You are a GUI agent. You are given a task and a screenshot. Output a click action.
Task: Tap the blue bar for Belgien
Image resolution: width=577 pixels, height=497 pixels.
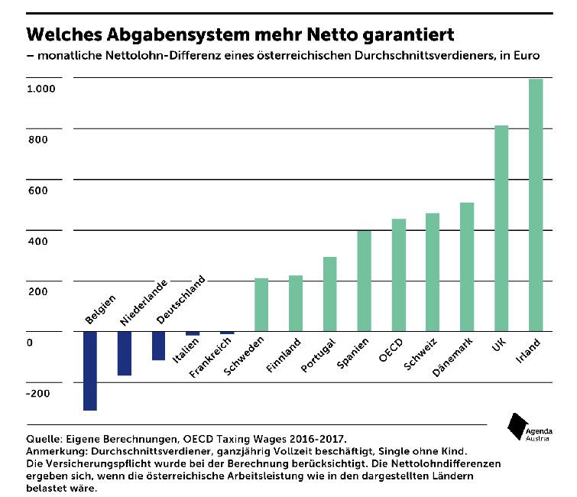(90, 371)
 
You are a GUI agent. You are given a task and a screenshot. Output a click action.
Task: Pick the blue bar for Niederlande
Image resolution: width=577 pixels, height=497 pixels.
(125, 353)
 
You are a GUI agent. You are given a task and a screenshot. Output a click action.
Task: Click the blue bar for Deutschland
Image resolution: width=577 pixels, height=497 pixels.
(158, 346)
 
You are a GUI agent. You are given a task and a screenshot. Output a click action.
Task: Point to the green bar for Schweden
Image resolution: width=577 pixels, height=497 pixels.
(261, 304)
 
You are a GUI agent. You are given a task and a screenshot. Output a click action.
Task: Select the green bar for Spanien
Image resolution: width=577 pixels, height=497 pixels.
(365, 281)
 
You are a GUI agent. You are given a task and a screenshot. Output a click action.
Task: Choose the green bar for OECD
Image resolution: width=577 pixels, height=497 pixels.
(399, 275)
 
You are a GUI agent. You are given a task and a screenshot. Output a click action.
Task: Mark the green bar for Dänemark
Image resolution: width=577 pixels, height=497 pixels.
(467, 267)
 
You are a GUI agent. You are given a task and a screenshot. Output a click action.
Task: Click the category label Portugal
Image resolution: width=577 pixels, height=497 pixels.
(318, 355)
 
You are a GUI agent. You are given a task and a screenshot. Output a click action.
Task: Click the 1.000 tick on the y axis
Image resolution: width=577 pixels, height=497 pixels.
(42, 89)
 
